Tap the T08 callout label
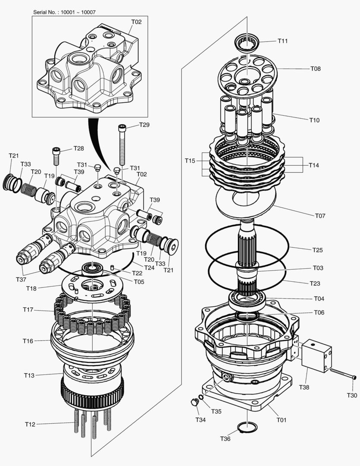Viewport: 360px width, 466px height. pos(316,69)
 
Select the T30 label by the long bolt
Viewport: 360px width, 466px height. pos(352,395)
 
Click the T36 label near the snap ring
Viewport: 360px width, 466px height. pos(225,439)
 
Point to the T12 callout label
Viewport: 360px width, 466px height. pos(30,425)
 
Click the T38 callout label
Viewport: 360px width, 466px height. pos(304,387)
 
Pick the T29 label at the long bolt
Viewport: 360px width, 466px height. pos(144,125)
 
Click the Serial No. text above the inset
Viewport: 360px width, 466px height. pos(65,12)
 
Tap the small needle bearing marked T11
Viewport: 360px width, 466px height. pos(247,43)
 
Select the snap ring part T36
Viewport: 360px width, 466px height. pos(247,427)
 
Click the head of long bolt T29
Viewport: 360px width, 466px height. pos(122,127)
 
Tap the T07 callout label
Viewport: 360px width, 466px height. pos(320,215)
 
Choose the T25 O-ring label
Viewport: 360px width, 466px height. pos(317,250)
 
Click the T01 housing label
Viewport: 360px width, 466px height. pos(281,419)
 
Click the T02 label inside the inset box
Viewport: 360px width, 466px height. pos(136,21)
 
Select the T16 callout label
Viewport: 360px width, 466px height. pos(28,341)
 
